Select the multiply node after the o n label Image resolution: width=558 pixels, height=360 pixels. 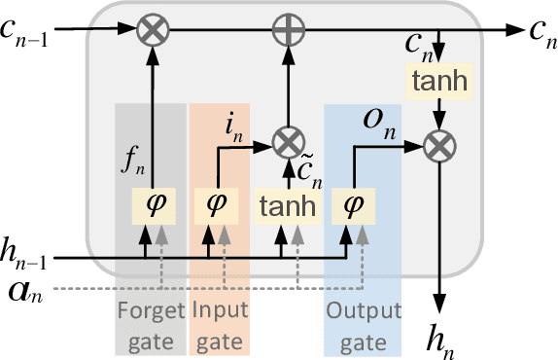point(438,147)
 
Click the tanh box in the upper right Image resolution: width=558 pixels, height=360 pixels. point(438,86)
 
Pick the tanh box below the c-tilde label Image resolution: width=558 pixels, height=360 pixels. point(287,204)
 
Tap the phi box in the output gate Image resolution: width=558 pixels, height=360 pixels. point(350,204)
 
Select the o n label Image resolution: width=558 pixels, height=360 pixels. point(371,121)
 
